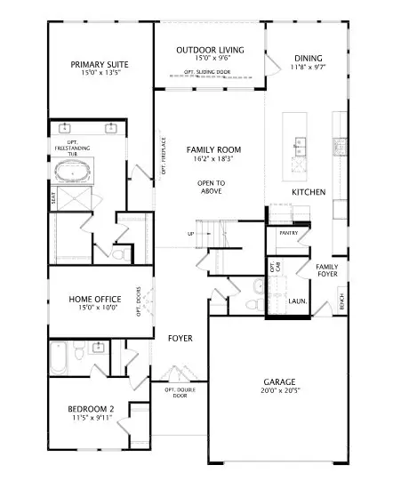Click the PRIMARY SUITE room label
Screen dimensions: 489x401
(99, 64)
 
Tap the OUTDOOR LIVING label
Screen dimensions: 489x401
(209, 51)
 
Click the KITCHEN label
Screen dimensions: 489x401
(309, 192)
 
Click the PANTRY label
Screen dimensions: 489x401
(288, 233)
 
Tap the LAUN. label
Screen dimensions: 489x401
(298, 301)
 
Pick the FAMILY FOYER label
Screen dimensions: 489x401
(327, 269)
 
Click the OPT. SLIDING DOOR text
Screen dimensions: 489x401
(209, 72)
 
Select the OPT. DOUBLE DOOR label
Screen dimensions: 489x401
(180, 392)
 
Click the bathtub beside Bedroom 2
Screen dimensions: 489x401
(59, 358)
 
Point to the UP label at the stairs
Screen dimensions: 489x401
(190, 234)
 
